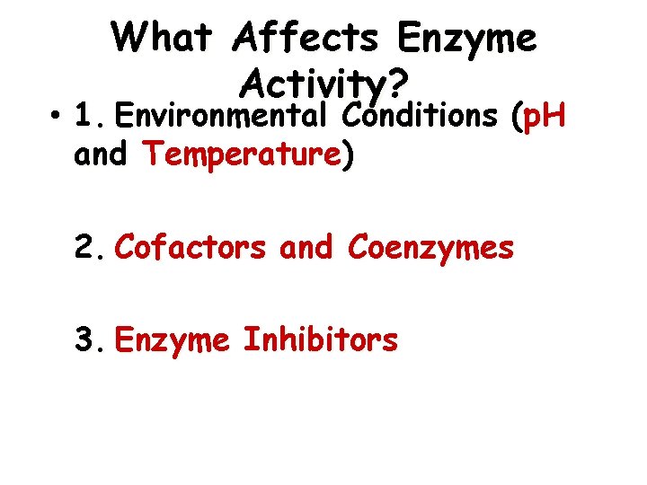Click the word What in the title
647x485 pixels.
pyautogui.click(x=164, y=38)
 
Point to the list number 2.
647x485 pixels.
pyautogui.click(x=90, y=246)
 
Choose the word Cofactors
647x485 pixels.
pyautogui.click(x=191, y=246)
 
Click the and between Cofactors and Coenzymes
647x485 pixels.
pyautogui.click(x=306, y=246)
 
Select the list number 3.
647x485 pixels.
pyautogui.click(x=90, y=340)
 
